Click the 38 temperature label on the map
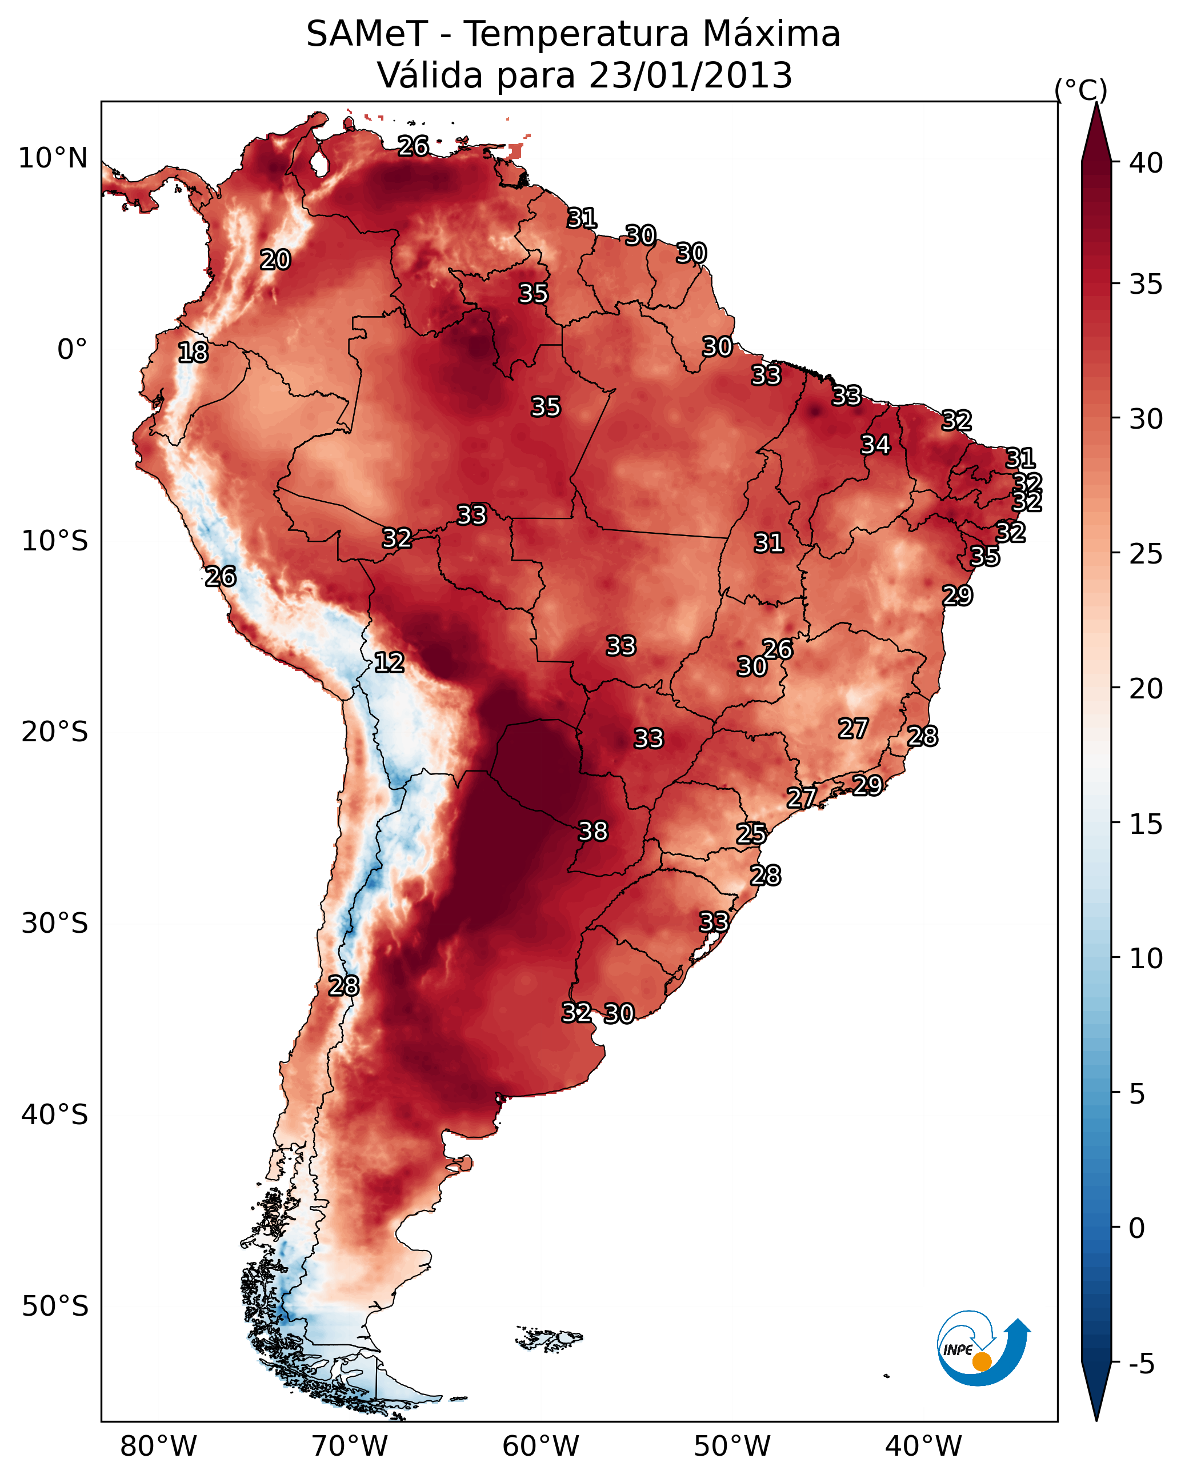[593, 831]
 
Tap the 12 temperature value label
[389, 662]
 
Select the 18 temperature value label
[193, 353]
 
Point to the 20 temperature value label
[275, 260]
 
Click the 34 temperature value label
[875, 445]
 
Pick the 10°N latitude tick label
[53, 158]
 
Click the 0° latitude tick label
[72, 350]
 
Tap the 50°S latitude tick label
[55, 1307]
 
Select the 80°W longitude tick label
[158, 1446]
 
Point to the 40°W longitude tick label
[923, 1446]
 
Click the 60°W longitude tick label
[541, 1446]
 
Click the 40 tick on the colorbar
[1146, 163]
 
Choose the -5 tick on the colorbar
[1141, 1364]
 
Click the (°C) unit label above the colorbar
[1080, 90]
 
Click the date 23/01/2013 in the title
[690, 75]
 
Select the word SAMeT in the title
[367, 34]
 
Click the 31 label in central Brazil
[768, 543]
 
